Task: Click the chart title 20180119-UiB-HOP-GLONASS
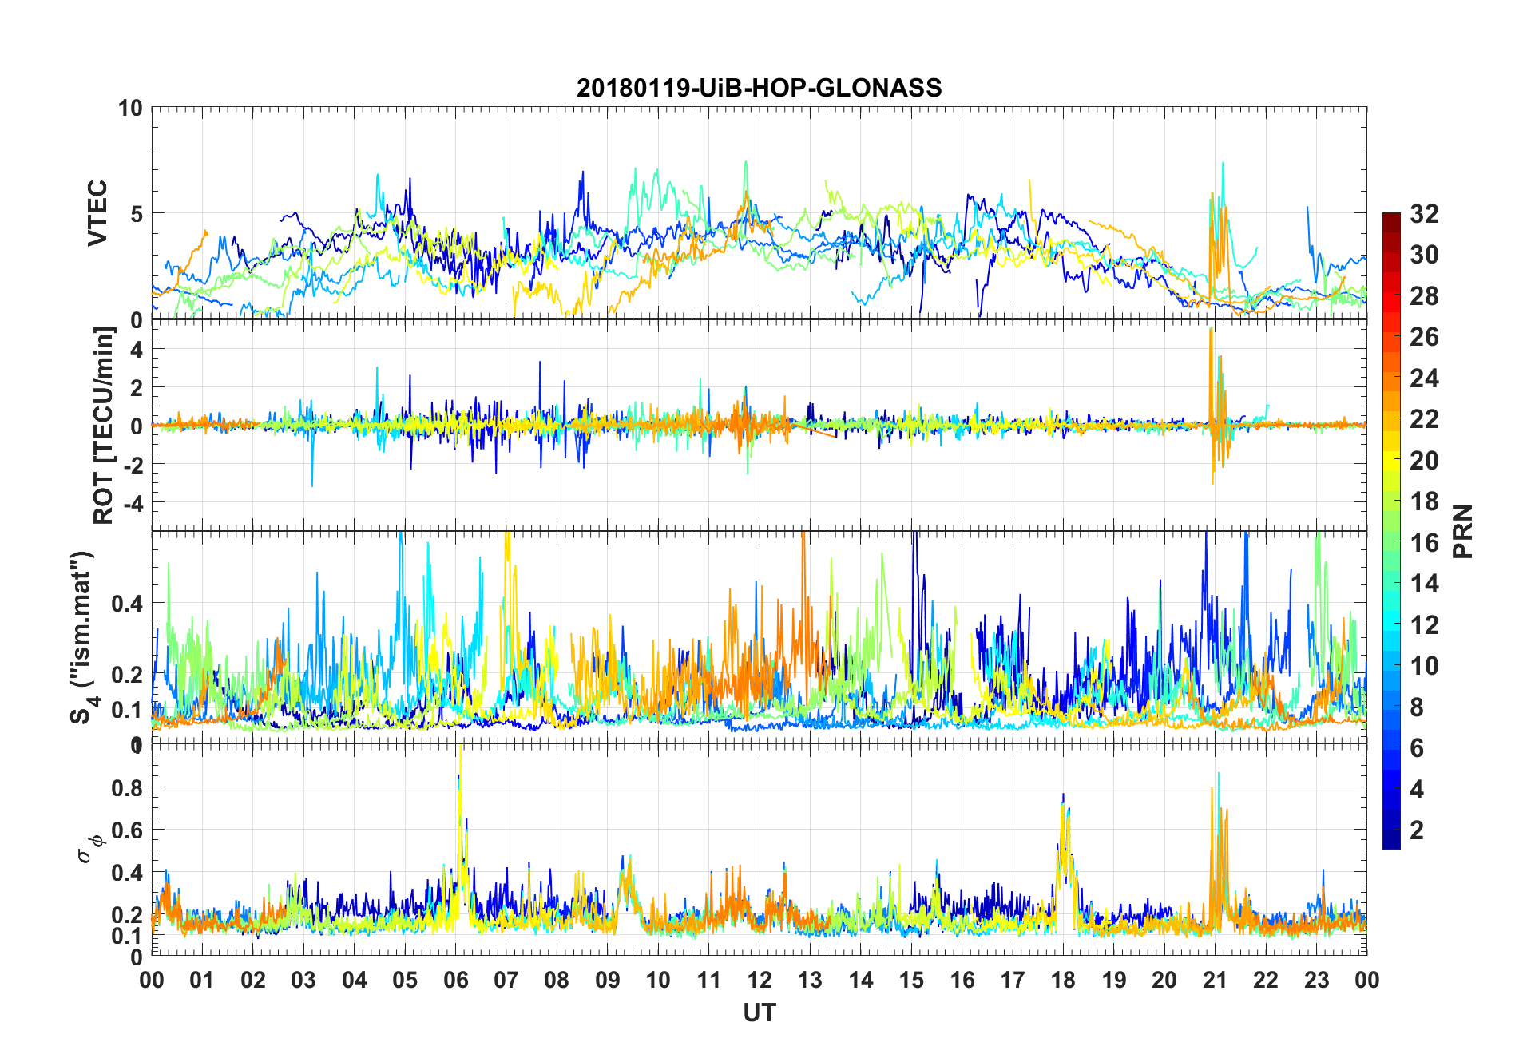pyautogui.click(x=759, y=88)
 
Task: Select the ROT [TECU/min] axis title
pyautogui.click(x=104, y=425)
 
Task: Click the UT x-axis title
pyautogui.click(x=759, y=1013)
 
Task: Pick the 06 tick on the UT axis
pyautogui.click(x=455, y=980)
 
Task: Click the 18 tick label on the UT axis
pyautogui.click(x=1063, y=980)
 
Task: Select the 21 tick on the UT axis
pyautogui.click(x=1215, y=980)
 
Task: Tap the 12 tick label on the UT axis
pyautogui.click(x=759, y=980)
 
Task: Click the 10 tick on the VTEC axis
pyautogui.click(x=129, y=108)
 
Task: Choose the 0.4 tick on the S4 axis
pyautogui.click(x=127, y=604)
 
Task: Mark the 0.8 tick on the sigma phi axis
pyautogui.click(x=127, y=787)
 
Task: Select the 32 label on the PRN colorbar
pyautogui.click(x=1424, y=214)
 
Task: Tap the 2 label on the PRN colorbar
pyautogui.click(x=1417, y=830)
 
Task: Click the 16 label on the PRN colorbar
pyautogui.click(x=1424, y=543)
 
